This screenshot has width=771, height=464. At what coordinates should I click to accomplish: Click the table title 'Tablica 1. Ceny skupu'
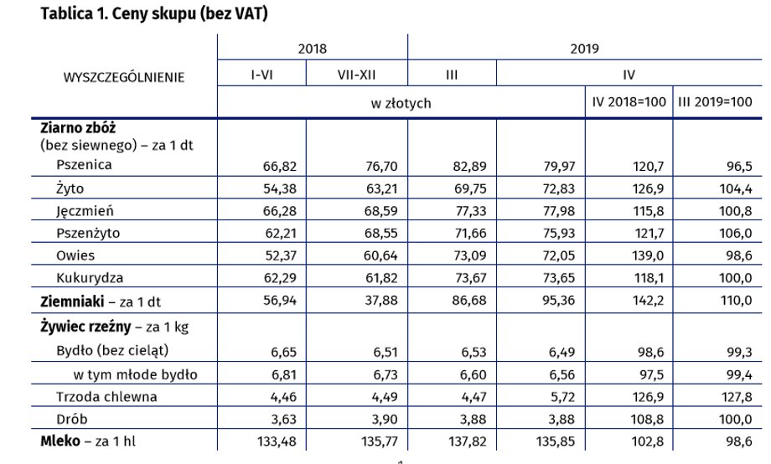tap(117, 13)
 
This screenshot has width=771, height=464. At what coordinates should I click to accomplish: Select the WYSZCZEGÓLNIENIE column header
tap(124, 77)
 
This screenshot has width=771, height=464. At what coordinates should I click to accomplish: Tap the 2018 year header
tap(313, 49)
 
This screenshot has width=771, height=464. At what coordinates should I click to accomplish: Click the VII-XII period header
tap(356, 75)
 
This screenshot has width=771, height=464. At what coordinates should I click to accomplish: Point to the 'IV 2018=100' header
tap(629, 101)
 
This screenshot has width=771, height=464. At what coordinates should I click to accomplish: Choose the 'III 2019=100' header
tap(715, 101)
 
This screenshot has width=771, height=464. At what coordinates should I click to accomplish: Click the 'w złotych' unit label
tap(401, 103)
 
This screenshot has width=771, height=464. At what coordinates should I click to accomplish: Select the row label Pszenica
tap(84, 165)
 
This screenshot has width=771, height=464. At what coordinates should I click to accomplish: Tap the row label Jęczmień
tap(85, 211)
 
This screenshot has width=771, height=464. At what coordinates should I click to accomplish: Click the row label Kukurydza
tap(90, 278)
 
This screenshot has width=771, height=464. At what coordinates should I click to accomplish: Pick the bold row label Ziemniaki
tap(72, 301)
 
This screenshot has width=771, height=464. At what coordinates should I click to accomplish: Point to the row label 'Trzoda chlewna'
tap(106, 397)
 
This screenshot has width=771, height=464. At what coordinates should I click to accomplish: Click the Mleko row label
tap(60, 441)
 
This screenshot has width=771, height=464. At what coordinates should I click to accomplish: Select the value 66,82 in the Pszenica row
tap(280, 166)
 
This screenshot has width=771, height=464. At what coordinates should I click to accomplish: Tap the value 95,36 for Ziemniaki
tap(559, 300)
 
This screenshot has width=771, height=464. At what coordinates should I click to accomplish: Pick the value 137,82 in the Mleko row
tap(467, 441)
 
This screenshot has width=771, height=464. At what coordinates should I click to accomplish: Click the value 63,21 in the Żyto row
tap(381, 188)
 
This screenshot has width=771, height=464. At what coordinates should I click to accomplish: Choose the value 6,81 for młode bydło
tap(284, 374)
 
